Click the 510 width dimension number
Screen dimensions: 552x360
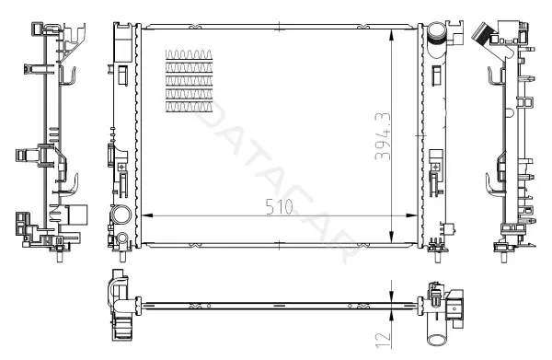point(279,207)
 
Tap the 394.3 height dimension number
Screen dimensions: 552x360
point(383,136)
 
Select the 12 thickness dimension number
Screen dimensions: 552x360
point(383,339)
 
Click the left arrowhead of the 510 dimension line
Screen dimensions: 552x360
point(147,215)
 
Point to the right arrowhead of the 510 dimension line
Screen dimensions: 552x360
point(411,215)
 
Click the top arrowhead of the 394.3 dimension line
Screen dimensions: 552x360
point(392,36)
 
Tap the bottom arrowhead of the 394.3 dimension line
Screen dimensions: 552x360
point(392,237)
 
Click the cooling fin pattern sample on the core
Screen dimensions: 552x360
point(189,81)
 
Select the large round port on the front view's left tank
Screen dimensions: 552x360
point(121,215)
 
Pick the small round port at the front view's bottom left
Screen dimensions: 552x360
point(122,238)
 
